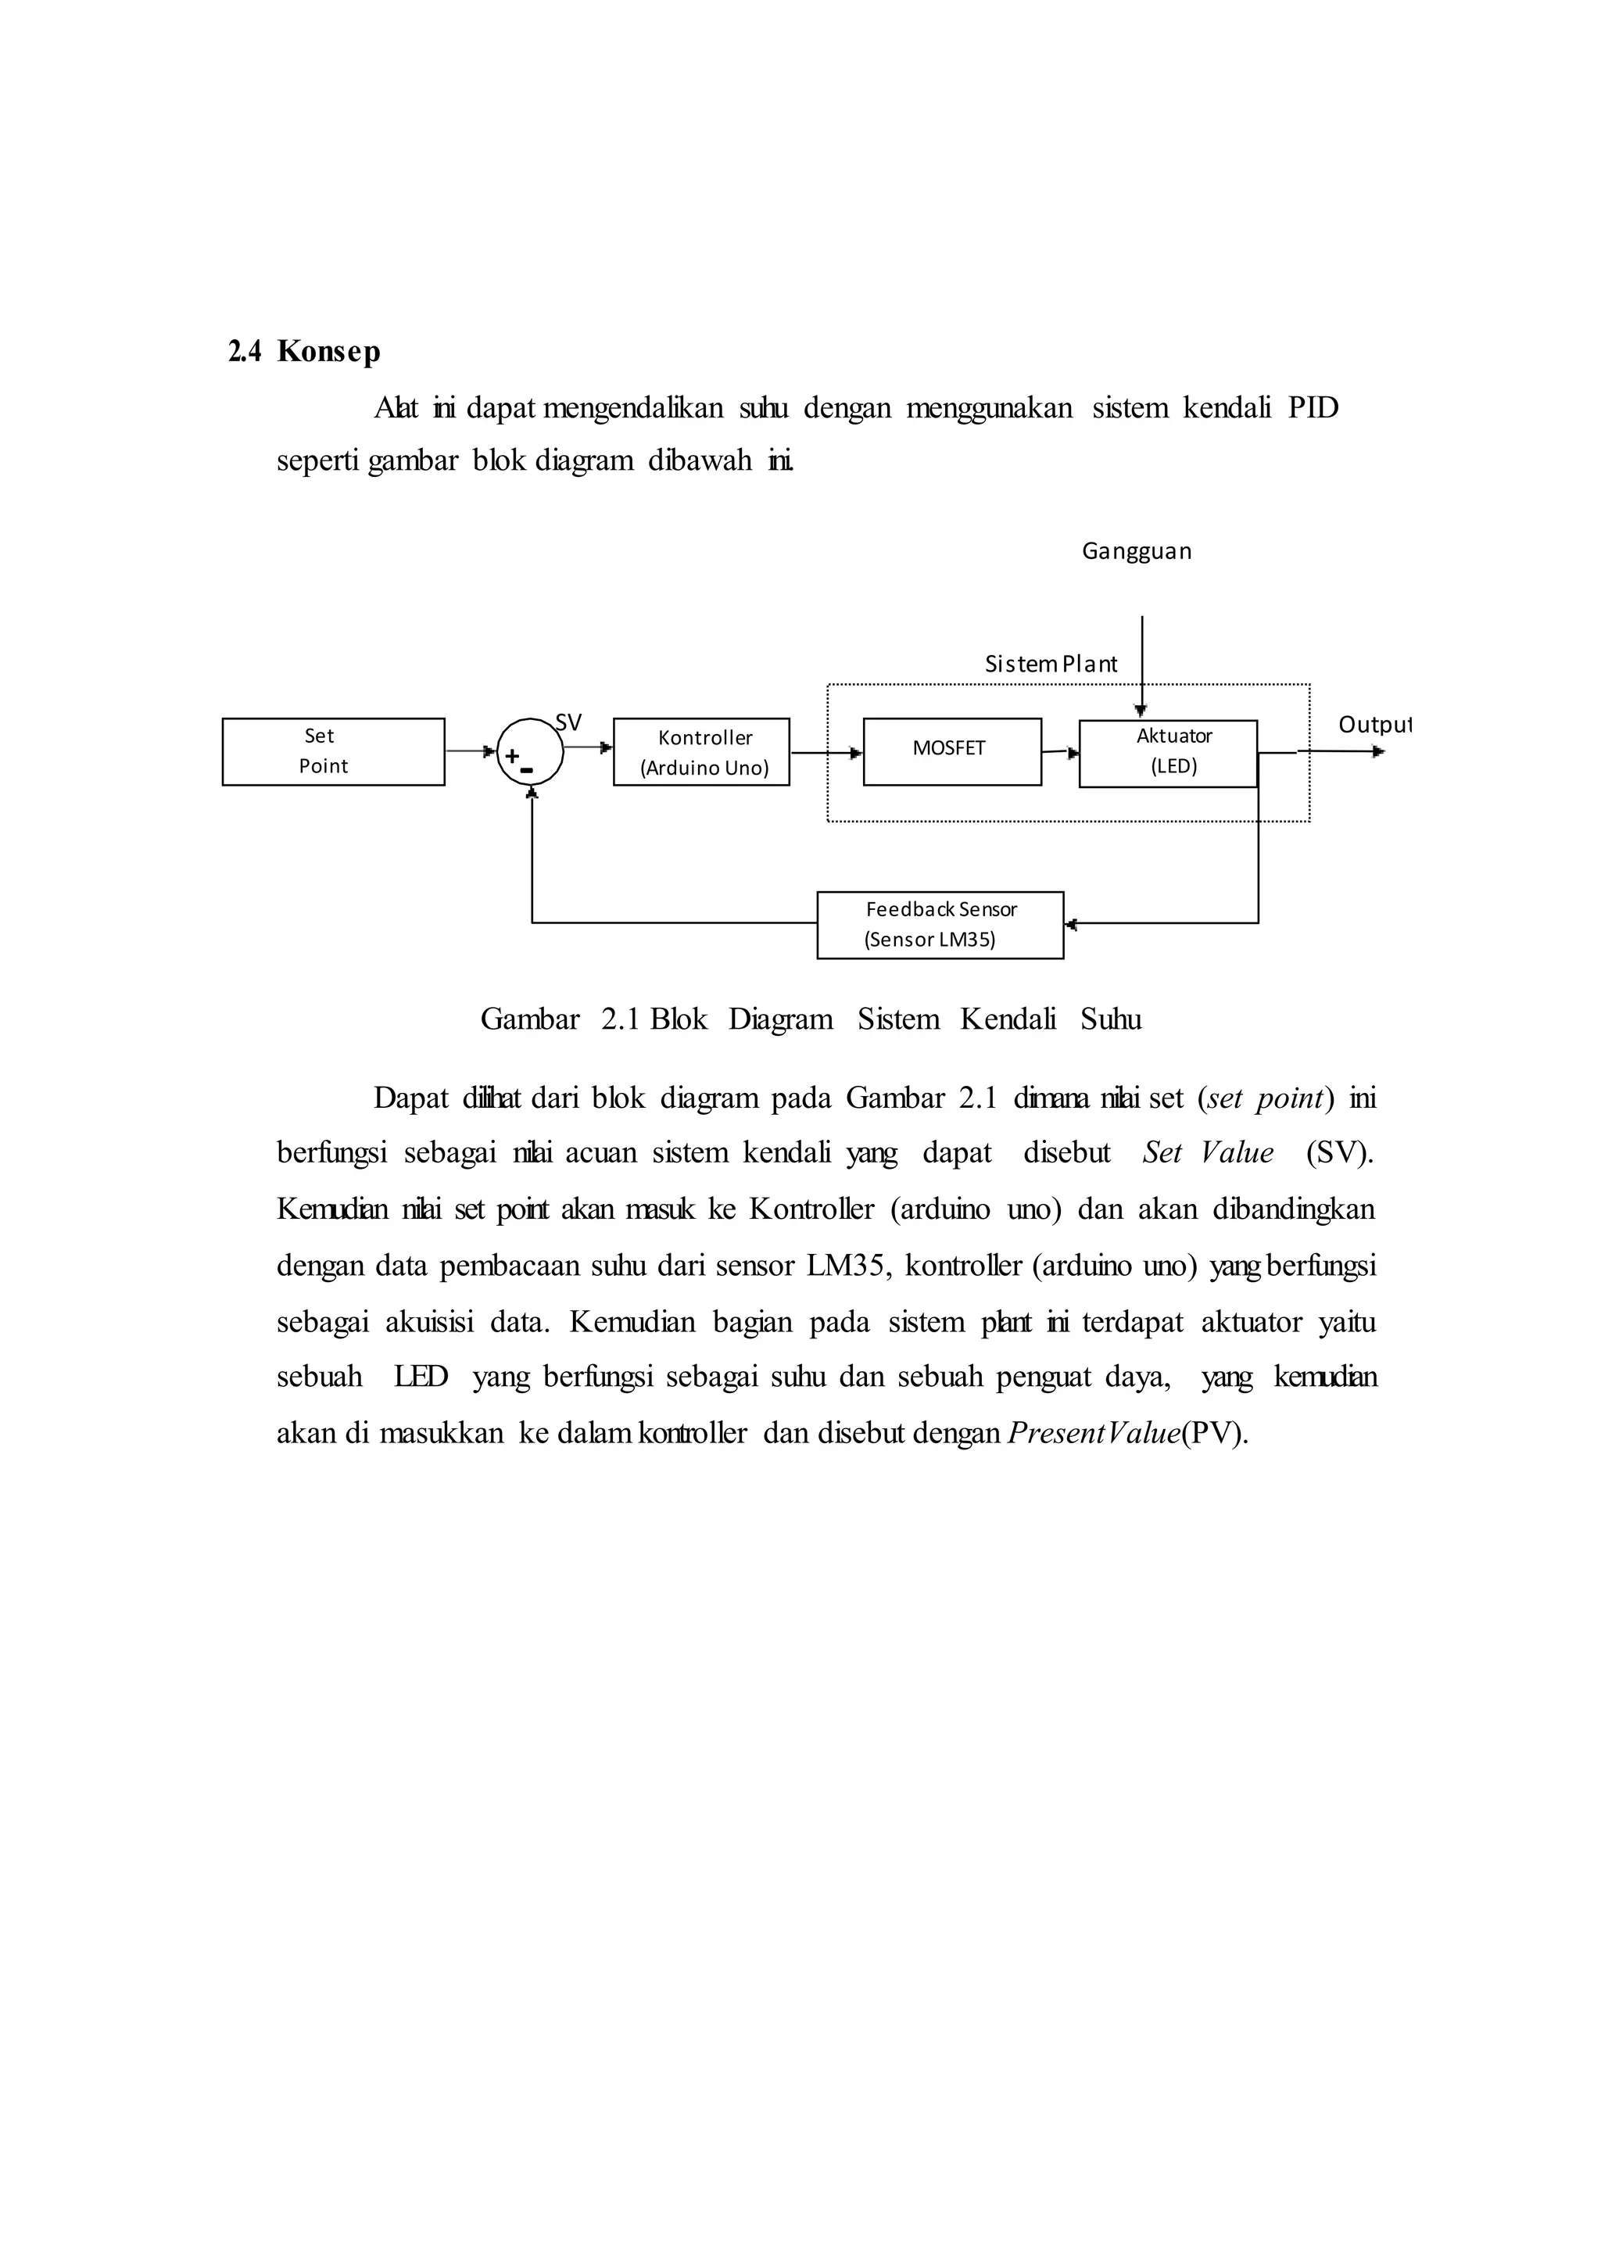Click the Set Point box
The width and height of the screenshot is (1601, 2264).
333,751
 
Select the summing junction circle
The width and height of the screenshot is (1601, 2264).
530,752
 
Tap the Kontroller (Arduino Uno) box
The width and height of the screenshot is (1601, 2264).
701,752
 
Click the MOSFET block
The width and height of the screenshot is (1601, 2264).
951,751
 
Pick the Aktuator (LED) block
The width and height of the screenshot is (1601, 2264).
1168,754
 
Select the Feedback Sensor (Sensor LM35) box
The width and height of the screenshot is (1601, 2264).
940,925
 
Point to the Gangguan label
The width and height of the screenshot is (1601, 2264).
1137,551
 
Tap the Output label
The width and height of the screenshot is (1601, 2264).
1374,725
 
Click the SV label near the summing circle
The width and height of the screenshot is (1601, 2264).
569,723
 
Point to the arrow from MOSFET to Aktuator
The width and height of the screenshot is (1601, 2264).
1060,752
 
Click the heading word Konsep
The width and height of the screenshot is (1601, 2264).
328,351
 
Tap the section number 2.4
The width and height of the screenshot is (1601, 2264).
245,351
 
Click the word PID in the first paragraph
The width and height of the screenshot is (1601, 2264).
1313,407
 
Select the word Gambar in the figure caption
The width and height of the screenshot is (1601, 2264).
529,1019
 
